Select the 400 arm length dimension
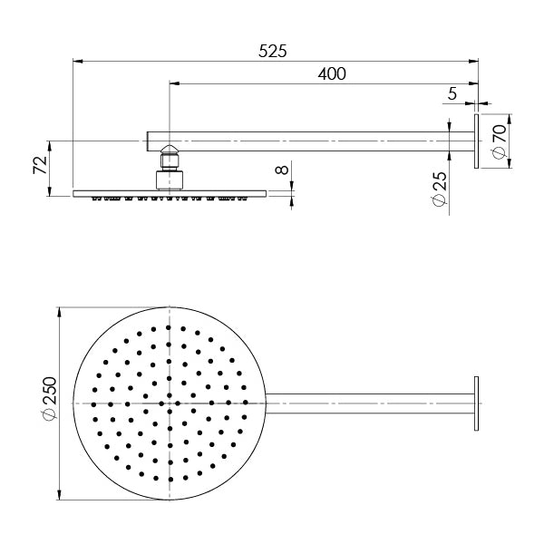coord(331,74)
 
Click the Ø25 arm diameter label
coord(439,192)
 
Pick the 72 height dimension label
coord(39,166)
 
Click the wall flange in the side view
coord(476,141)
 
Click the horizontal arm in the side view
coord(308,141)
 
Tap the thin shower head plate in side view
coord(170,192)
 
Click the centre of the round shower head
coord(170,402)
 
